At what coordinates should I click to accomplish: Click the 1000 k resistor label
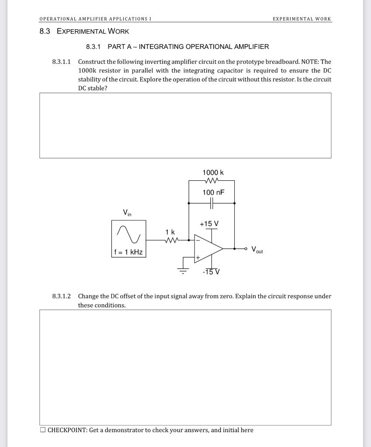click(213, 173)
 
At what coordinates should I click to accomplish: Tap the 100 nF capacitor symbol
click(212, 203)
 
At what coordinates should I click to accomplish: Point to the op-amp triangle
click(208, 248)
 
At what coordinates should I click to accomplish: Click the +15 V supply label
click(209, 224)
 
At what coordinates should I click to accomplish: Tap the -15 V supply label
click(211, 272)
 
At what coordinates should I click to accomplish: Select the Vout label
click(257, 251)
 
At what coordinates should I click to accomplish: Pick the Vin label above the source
click(127, 213)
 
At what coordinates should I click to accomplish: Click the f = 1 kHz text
click(128, 252)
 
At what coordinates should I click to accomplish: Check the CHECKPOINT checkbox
click(42, 430)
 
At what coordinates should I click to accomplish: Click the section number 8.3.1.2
click(61, 296)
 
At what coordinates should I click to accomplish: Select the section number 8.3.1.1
click(61, 62)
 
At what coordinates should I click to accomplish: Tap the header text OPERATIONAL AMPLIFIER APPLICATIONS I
click(92, 19)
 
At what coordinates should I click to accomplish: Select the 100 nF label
click(213, 193)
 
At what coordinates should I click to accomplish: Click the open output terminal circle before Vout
click(246, 249)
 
